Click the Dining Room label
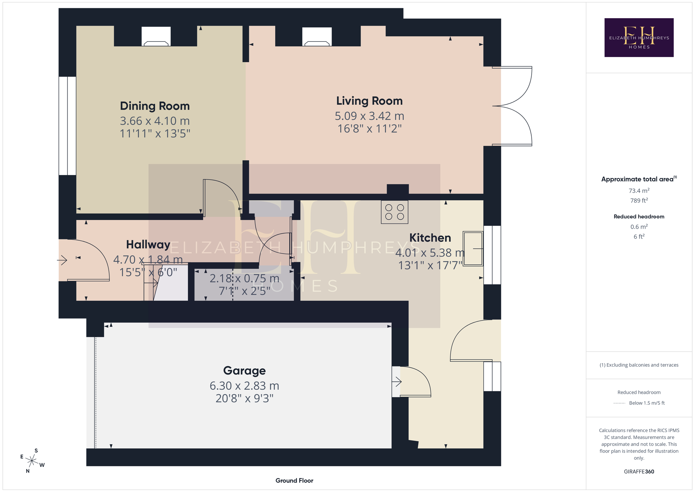pyautogui.click(x=155, y=106)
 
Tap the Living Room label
pyautogui.click(x=369, y=101)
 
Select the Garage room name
pyautogui.click(x=244, y=371)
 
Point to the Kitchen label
pyautogui.click(x=430, y=238)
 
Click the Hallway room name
pyautogui.click(x=148, y=244)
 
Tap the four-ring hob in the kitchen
pyautogui.click(x=395, y=212)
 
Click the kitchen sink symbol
pyautogui.click(x=473, y=248)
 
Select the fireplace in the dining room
pyautogui.click(x=156, y=36)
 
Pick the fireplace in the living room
pyautogui.click(x=317, y=37)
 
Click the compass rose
pyautogui.click(x=32, y=461)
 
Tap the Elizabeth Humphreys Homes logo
pyautogui.click(x=639, y=37)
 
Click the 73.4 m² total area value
pyautogui.click(x=639, y=191)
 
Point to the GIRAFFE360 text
pyautogui.click(x=639, y=471)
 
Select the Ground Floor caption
pyautogui.click(x=294, y=480)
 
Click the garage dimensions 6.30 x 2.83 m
pyautogui.click(x=244, y=386)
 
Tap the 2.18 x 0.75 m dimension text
pyautogui.click(x=244, y=278)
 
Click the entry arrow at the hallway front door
pyautogui.click(x=62, y=260)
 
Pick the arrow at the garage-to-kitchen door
pyautogui.click(x=397, y=381)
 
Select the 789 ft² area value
pyautogui.click(x=639, y=201)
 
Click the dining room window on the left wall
pyautogui.click(x=67, y=126)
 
